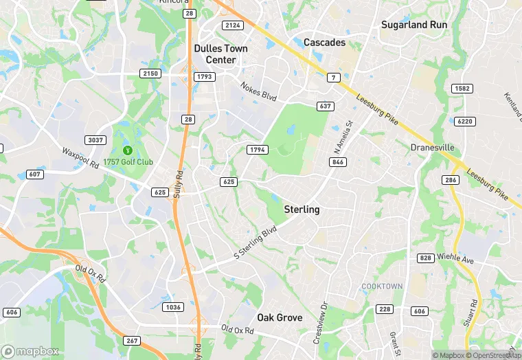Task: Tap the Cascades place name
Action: pos(324,43)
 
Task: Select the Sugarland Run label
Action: pos(414,25)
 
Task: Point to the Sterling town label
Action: pos(302,209)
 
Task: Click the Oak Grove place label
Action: pos(280,317)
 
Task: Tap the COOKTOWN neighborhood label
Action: pos(383,285)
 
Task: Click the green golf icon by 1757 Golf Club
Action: pos(127,150)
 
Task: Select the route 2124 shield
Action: pos(234,25)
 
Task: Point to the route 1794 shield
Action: pos(256,149)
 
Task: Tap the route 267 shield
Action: pos(133,341)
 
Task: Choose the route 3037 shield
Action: pos(95,140)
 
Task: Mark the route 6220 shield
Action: pos(464,121)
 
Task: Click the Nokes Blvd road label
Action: pos(258,91)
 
